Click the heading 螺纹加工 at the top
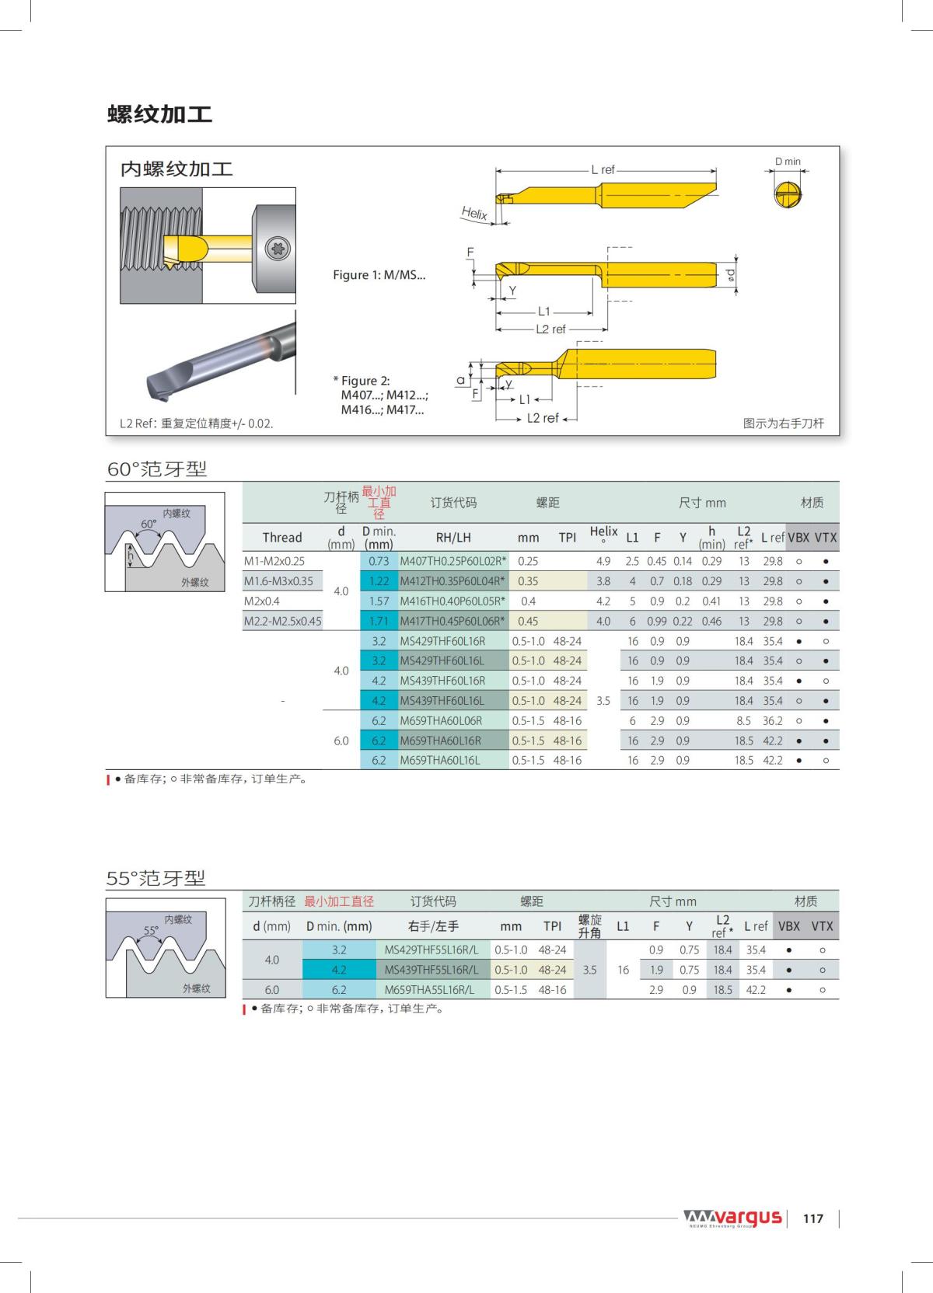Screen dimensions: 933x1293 click(159, 114)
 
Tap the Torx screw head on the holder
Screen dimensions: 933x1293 click(278, 249)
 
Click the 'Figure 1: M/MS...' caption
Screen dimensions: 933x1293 click(379, 275)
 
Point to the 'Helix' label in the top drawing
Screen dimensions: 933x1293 click(474, 213)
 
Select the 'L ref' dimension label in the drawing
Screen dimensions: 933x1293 click(603, 169)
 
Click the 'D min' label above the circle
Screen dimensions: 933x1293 click(788, 162)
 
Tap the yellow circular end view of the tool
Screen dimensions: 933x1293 click(788, 194)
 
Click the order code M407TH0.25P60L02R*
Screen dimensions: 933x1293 click(453, 561)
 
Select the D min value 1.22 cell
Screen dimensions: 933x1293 click(379, 581)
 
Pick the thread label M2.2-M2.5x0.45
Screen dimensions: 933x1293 click(282, 621)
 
